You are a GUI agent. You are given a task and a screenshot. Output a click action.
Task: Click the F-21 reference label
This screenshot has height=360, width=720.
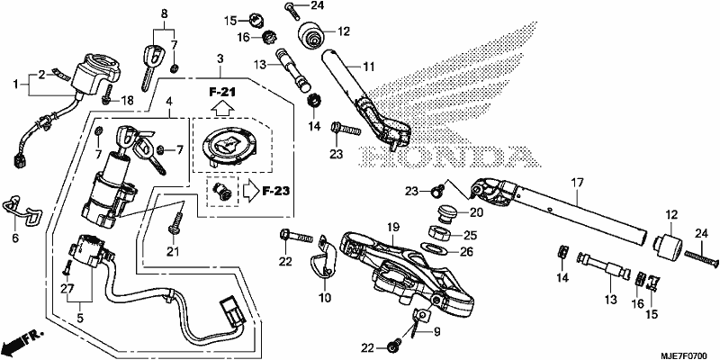pyautogui.click(x=222, y=92)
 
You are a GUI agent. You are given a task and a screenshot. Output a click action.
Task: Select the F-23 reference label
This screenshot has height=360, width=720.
pyautogui.click(x=276, y=191)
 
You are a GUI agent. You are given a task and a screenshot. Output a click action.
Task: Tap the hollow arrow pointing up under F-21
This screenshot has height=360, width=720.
pyautogui.click(x=222, y=109)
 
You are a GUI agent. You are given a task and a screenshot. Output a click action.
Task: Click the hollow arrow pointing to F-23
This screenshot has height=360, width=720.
pyautogui.click(x=251, y=191)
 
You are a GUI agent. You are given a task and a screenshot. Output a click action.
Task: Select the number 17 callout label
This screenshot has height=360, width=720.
pyautogui.click(x=577, y=183)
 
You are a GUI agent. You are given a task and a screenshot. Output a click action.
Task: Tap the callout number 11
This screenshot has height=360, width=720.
pyautogui.click(x=369, y=67)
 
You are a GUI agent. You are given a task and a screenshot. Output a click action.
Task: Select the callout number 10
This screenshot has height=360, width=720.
pyautogui.click(x=325, y=298)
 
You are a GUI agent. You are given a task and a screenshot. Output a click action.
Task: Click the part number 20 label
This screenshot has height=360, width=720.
pyautogui.click(x=475, y=212)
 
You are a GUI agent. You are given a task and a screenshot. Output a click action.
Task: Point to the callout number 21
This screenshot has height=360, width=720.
pyautogui.click(x=172, y=251)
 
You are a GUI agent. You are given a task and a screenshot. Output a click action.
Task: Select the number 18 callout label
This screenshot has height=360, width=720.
pyautogui.click(x=127, y=100)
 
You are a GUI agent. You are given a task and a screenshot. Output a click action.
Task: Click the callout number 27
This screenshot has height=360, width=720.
pyautogui.click(x=67, y=288)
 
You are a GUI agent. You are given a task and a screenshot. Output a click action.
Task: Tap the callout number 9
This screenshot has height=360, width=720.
pyautogui.click(x=436, y=330)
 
